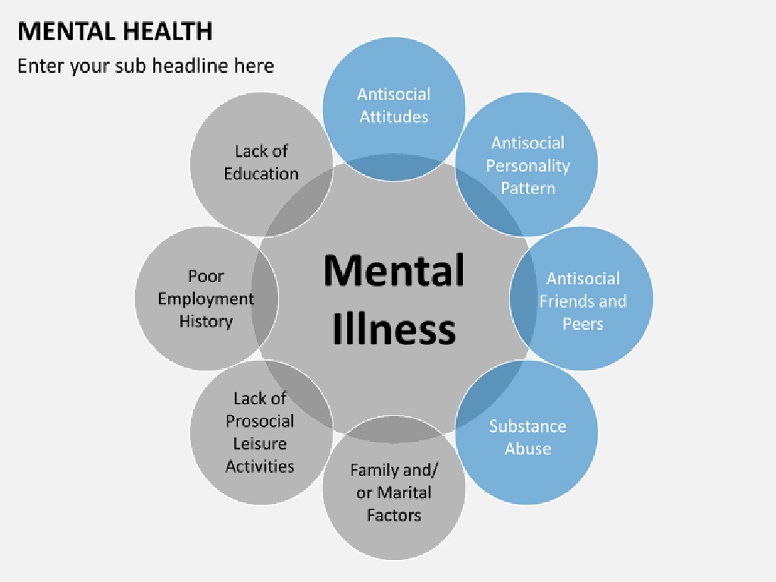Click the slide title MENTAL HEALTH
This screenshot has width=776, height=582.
[115, 32]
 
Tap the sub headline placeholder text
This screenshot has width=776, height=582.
[145, 66]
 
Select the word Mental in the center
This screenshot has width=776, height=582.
[394, 270]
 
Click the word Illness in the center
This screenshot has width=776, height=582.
[394, 329]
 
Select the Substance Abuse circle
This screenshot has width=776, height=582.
[527, 436]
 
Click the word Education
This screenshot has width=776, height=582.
[261, 174]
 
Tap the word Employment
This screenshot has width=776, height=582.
[205, 299]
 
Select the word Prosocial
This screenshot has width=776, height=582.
[260, 421]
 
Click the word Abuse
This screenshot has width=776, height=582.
[527, 449]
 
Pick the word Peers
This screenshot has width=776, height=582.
[583, 324]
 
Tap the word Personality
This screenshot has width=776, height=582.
[527, 165]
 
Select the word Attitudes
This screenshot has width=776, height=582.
[394, 117]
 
